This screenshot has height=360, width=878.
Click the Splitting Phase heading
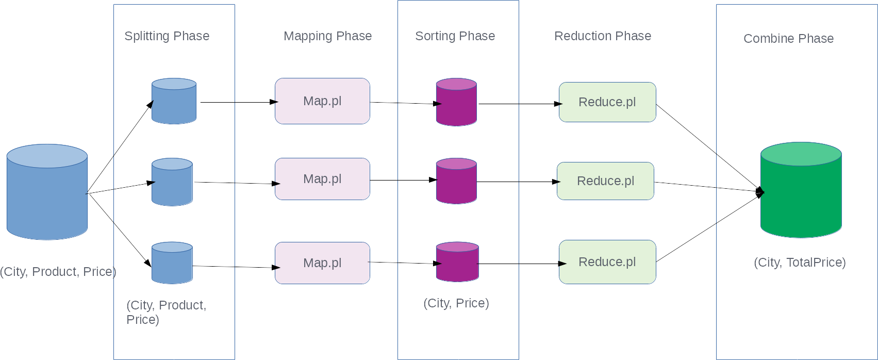pyautogui.click(x=167, y=36)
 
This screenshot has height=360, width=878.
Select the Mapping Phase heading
pyautogui.click(x=327, y=36)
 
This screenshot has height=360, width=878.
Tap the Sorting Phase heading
pyautogui.click(x=455, y=36)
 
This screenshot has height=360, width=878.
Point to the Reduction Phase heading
pyautogui.click(x=602, y=36)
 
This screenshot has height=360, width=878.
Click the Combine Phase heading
pyautogui.click(x=788, y=39)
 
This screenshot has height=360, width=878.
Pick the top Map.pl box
pyautogui.click(x=322, y=101)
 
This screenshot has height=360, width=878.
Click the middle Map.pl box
pyautogui.click(x=322, y=179)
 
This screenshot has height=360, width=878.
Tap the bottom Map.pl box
pyautogui.click(x=322, y=263)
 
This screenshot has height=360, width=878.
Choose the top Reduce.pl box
pyautogui.click(x=607, y=102)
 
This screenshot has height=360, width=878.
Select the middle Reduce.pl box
pyautogui.click(x=605, y=181)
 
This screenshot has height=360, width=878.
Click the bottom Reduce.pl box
pyautogui.click(x=607, y=262)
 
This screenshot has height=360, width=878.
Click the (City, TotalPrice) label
pyautogui.click(x=800, y=263)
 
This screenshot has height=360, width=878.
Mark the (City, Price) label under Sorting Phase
pyautogui.click(x=456, y=303)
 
